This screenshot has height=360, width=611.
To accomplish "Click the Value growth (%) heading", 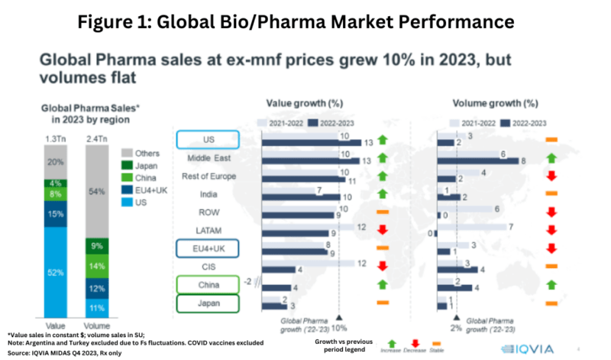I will (x=304, y=102).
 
